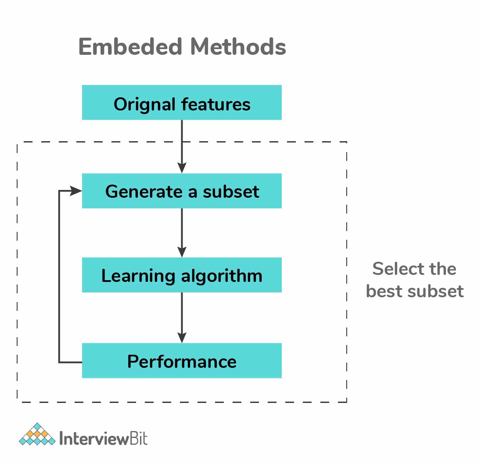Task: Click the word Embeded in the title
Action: (130, 46)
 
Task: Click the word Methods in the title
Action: (238, 46)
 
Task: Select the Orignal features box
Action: (182, 102)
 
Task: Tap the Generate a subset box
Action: (182, 191)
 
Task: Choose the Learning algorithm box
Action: (182, 275)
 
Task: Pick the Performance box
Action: (182, 360)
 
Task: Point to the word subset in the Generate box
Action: (231, 192)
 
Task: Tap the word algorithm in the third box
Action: (222, 276)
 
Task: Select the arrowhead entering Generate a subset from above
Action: (182, 168)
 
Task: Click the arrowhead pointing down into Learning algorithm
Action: (182, 252)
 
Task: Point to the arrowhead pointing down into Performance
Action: (182, 337)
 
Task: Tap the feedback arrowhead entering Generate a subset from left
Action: (76, 191)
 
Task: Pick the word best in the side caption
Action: (384, 291)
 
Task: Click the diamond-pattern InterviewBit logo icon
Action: (37, 434)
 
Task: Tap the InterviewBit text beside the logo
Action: (104, 438)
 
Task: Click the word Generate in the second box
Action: (144, 192)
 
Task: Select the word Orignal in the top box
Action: (144, 104)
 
